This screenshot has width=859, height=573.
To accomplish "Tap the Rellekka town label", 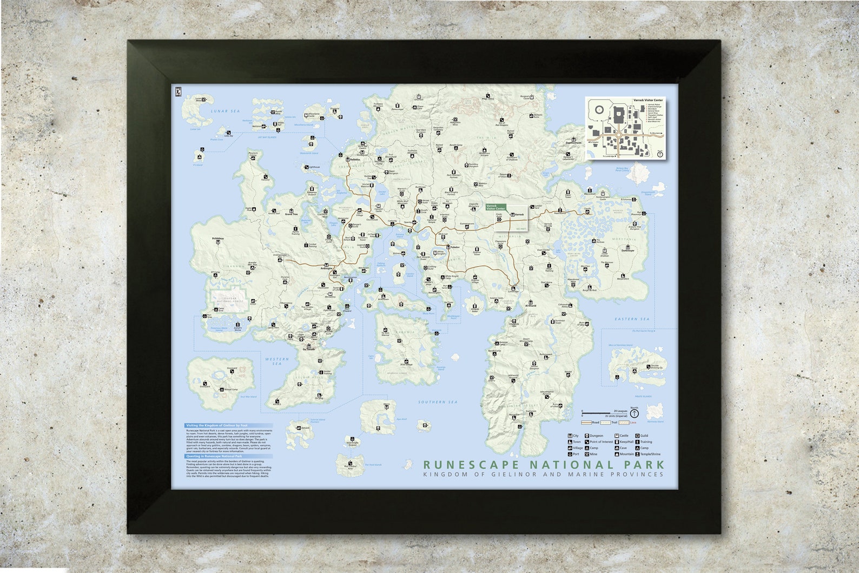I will [355, 160].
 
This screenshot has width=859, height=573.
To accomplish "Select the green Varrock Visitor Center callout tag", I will [495, 207].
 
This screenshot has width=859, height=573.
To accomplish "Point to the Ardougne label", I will [326, 267].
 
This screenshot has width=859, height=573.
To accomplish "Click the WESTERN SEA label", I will [277, 361].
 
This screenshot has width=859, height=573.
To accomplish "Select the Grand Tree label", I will [292, 214].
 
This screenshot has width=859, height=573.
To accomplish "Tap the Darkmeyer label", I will [627, 251].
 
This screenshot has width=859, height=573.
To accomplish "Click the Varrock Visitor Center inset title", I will [647, 101].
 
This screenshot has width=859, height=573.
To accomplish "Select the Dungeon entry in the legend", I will [596, 436].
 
